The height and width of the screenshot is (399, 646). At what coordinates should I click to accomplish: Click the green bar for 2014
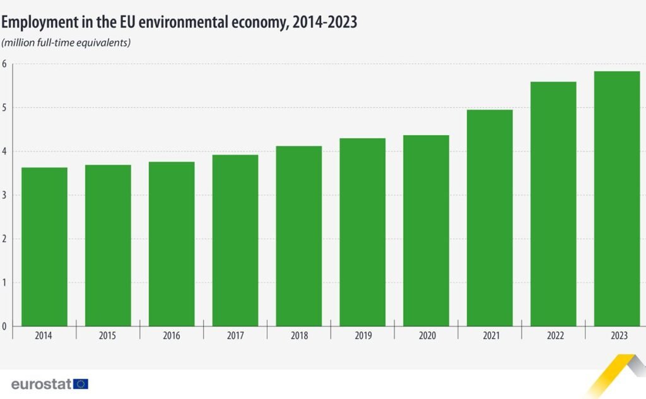point(44,246)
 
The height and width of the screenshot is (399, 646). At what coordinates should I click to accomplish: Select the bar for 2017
point(235,240)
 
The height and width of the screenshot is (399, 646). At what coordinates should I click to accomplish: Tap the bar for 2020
point(426,230)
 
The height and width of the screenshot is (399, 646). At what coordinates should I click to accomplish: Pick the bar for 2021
point(490,218)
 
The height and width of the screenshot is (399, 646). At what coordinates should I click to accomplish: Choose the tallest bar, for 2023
point(617,199)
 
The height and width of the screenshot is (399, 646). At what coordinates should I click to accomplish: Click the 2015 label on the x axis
point(108,336)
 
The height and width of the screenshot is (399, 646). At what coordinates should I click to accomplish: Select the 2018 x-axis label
point(299,336)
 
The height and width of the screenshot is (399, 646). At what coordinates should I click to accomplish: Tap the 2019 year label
point(363,336)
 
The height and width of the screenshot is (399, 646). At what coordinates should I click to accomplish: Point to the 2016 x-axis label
point(172,336)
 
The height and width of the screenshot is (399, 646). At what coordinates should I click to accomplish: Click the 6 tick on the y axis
point(4,64)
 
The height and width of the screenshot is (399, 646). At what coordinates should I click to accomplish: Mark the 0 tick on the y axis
point(4,326)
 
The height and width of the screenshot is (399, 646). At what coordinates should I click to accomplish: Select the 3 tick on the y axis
point(4,195)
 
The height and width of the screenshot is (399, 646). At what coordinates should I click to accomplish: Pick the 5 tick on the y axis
point(4,107)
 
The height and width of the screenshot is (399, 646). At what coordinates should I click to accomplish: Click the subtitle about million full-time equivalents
point(66,43)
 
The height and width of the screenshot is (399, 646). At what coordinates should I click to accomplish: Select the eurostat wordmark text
point(41,383)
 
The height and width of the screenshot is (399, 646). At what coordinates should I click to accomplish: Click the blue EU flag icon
point(81,383)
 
